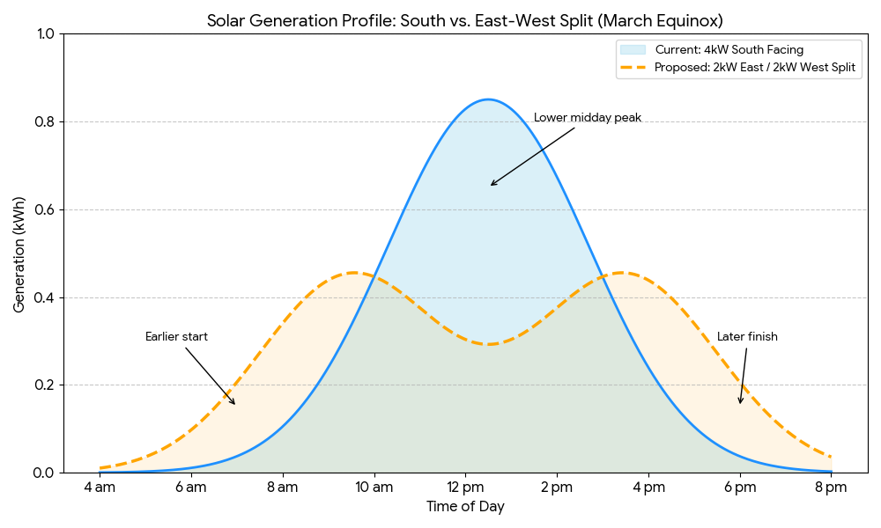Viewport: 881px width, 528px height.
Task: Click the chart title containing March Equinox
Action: coord(465,20)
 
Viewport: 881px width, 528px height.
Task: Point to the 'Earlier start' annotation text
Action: coord(176,336)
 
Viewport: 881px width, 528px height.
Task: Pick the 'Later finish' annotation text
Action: coord(747,336)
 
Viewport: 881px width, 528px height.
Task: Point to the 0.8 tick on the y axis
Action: coord(44,122)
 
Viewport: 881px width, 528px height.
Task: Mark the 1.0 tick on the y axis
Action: coord(44,34)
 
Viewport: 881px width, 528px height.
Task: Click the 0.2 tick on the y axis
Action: coord(44,385)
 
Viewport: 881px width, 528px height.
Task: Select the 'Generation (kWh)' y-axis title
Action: coord(19,253)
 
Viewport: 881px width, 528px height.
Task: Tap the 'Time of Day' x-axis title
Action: coord(465,507)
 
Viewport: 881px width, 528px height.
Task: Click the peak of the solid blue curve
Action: coord(488,99)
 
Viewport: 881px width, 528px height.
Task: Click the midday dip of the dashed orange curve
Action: coord(488,344)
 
